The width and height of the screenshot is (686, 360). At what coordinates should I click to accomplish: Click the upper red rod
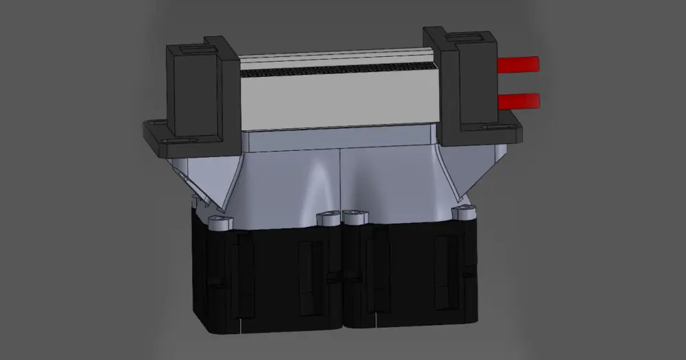(519, 65)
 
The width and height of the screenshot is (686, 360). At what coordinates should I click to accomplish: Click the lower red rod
(519, 101)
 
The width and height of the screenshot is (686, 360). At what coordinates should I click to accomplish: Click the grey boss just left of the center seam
(328, 219)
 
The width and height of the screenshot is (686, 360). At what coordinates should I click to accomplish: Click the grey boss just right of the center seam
(355, 219)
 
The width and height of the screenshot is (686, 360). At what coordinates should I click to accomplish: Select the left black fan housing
(268, 278)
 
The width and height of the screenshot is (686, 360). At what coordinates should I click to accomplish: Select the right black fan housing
(412, 278)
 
